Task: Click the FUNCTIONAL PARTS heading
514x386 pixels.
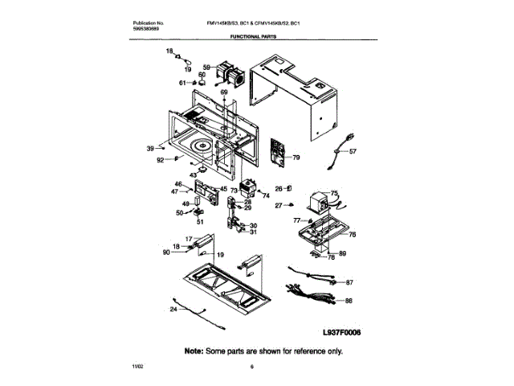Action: (256, 37)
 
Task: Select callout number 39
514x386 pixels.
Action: (149, 148)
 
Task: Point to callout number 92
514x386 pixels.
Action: (160, 160)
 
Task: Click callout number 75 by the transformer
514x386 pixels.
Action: (335, 193)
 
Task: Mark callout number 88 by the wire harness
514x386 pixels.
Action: (349, 300)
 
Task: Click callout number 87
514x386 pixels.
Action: (349, 283)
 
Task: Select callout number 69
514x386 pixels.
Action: (224, 92)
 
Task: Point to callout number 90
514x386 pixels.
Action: (166, 253)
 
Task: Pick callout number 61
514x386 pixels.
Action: (182, 82)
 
